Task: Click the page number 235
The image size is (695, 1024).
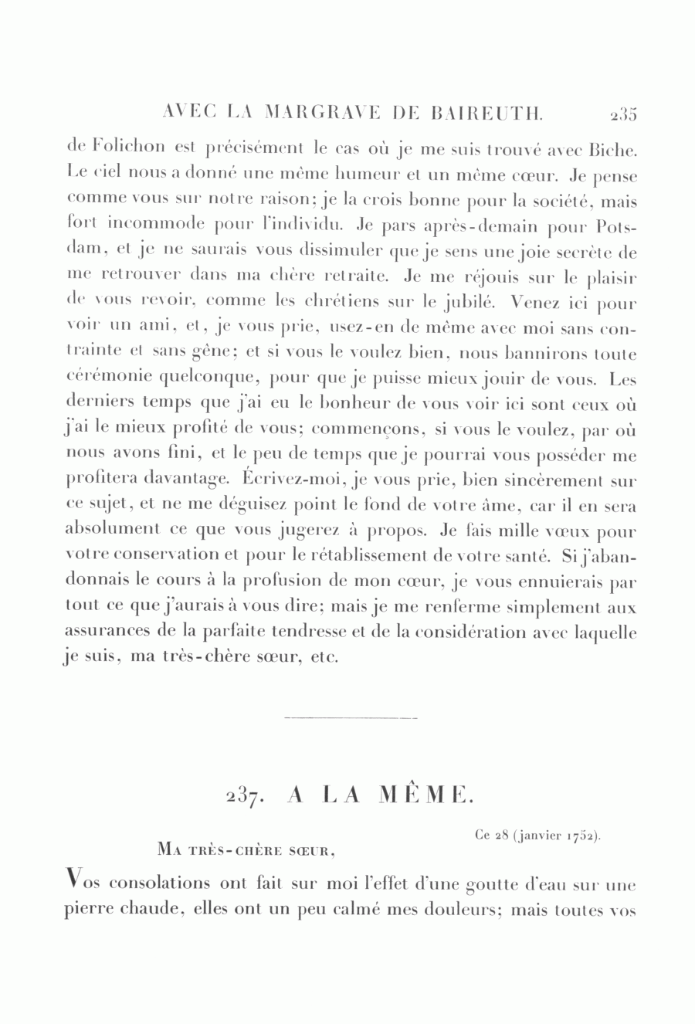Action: pos(622,115)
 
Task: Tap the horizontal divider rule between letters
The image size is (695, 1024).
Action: pos(351,720)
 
